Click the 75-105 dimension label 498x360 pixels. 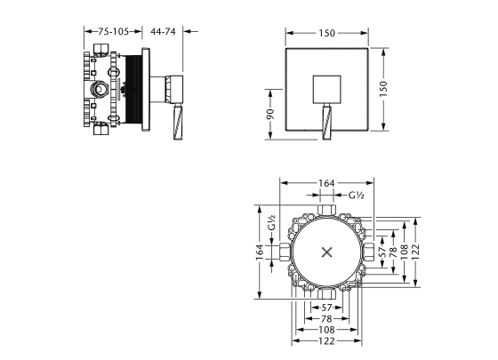coord(113,31)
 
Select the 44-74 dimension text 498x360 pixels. coord(163,31)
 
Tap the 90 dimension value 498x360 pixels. coord(270,114)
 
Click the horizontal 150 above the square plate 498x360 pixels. coord(327,33)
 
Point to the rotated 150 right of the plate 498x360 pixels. coord(383,89)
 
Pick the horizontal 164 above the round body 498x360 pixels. coord(327,183)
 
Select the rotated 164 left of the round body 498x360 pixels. coord(260,252)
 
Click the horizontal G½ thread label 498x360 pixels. coord(356,196)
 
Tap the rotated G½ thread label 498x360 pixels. coord(271,222)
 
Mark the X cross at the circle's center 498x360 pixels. coord(327,252)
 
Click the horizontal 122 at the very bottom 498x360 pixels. coord(327,341)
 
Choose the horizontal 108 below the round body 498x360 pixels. coord(327,330)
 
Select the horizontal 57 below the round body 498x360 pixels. coord(327,308)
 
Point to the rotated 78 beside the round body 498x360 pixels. coord(393,252)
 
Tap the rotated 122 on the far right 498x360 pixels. coord(416,252)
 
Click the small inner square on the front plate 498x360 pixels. coord(327,90)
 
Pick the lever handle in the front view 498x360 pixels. coord(327,122)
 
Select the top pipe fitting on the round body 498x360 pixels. coord(327,210)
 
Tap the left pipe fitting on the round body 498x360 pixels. coord(285,252)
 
